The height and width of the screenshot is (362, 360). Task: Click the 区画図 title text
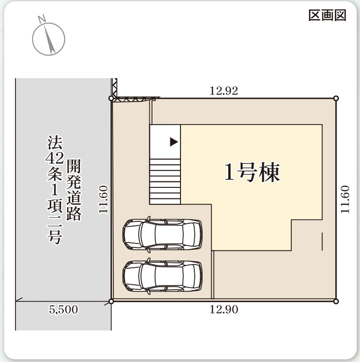pyautogui.click(x=327, y=15)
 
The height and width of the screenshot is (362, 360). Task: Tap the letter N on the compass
pyautogui.click(x=42, y=19)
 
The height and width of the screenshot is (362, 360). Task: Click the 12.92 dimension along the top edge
pyautogui.click(x=224, y=91)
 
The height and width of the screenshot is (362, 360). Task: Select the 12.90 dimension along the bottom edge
pyautogui.click(x=224, y=309)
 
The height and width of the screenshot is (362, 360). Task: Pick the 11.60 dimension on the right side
pyautogui.click(x=345, y=200)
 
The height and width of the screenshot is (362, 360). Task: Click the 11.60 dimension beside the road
pyautogui.click(x=103, y=200)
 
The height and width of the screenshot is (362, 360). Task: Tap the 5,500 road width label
pyautogui.click(x=63, y=309)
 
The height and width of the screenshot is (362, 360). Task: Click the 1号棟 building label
pyautogui.click(x=252, y=172)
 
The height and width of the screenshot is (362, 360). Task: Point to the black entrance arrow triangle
pyautogui.click(x=174, y=142)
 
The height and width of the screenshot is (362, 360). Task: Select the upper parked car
pyautogui.click(x=162, y=234)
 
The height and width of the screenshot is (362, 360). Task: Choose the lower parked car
pyautogui.click(x=162, y=276)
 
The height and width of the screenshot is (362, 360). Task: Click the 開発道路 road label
pyautogui.click(x=74, y=190)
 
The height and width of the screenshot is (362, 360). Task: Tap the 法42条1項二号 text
pyautogui.click(x=55, y=190)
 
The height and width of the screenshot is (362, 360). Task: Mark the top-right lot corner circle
pyautogui.click(x=336, y=99)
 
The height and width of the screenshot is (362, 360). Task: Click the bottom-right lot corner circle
pyautogui.click(x=336, y=301)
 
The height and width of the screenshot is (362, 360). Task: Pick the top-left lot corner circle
pyautogui.click(x=111, y=99)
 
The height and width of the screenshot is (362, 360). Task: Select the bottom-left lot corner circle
pyautogui.click(x=111, y=301)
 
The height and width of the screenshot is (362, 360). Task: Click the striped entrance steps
pyautogui.click(x=165, y=181)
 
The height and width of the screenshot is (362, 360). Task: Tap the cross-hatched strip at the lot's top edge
pyautogui.click(x=136, y=99)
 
